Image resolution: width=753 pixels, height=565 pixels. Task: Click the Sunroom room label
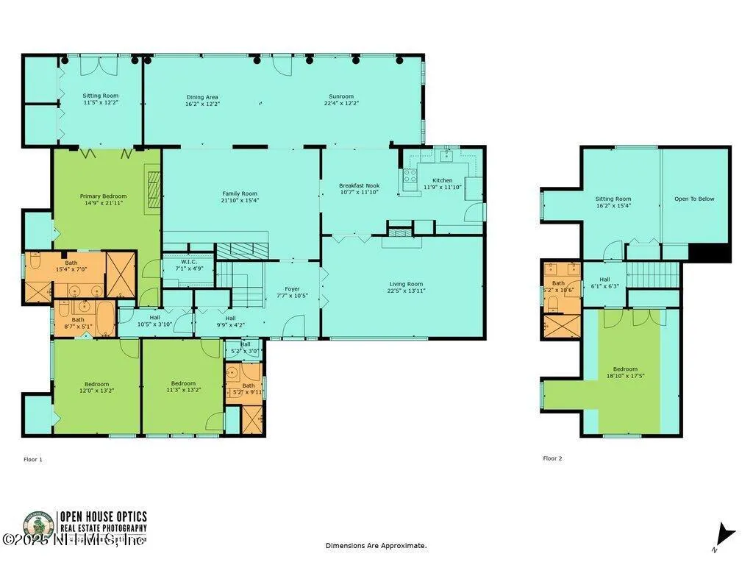pos(341,96)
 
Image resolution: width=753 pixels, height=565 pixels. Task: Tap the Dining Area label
pos(201,97)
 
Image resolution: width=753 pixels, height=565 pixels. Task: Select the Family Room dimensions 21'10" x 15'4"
pos(240,200)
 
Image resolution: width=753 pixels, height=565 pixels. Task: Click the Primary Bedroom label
pos(103,196)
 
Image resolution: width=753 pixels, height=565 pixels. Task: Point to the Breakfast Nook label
pos(359,185)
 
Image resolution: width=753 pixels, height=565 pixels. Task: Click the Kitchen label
pos(442,180)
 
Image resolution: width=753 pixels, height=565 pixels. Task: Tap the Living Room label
pos(405,284)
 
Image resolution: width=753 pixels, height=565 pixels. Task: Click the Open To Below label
pos(696,199)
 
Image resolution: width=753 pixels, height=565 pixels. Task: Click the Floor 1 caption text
pos(33,460)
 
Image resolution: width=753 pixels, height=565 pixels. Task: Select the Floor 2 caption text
pos(552,458)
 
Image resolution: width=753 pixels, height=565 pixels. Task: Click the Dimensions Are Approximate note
pos(376,546)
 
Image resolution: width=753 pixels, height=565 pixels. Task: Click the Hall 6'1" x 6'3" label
pos(604,282)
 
